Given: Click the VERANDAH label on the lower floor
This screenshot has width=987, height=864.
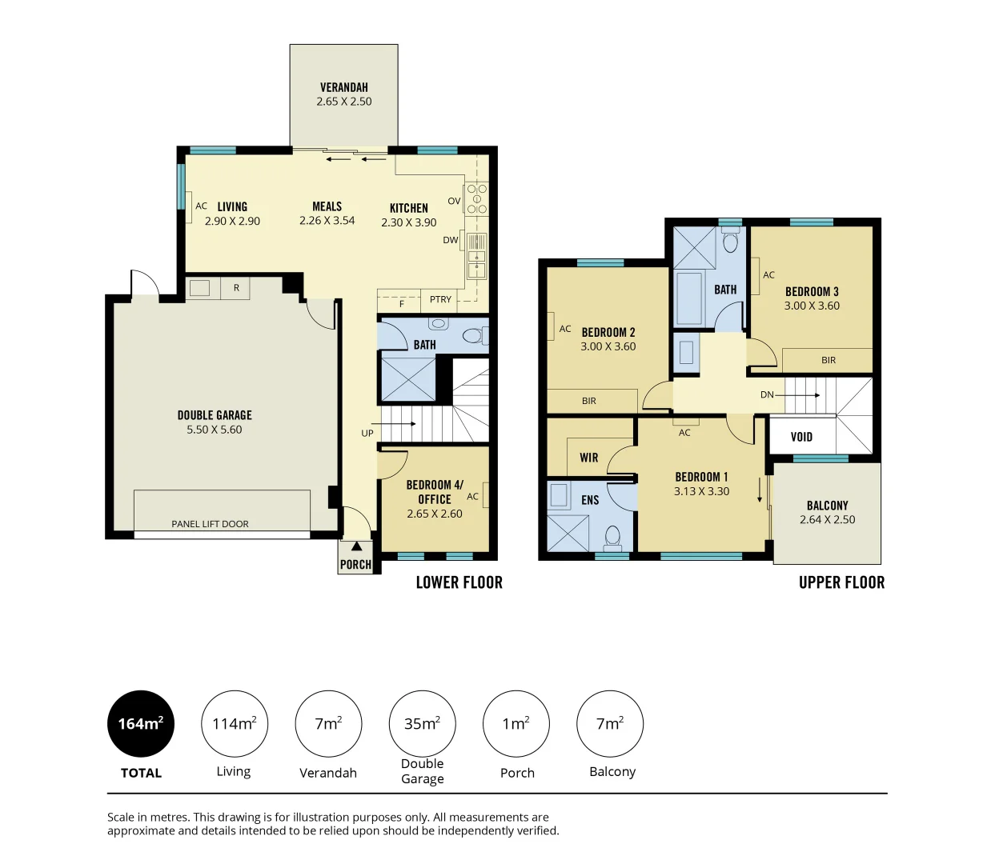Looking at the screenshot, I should (343, 87).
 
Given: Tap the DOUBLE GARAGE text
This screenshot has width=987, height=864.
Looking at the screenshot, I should (215, 415).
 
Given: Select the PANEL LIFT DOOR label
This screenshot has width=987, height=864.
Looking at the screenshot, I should (210, 524).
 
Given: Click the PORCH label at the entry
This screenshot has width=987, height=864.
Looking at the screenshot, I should (355, 564).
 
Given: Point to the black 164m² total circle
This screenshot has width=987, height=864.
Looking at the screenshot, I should (141, 723).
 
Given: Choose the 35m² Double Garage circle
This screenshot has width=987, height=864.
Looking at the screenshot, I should (422, 723).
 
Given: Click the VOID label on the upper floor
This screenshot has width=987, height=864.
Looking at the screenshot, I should (801, 437).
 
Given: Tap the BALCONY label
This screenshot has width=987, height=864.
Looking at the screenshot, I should (827, 506).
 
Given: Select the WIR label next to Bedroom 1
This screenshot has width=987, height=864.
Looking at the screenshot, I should (589, 458).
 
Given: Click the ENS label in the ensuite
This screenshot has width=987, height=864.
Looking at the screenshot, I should (590, 500).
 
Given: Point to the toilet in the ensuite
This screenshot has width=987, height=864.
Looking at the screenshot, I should (612, 536).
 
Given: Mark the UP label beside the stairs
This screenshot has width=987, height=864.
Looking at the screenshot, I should (367, 434).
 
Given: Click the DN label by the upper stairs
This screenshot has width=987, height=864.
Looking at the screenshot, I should (767, 394).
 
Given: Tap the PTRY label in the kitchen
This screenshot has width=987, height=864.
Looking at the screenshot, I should (440, 299).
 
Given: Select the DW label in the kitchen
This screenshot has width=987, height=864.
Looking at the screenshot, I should (451, 240).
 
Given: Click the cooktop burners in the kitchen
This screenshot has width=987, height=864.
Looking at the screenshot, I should (476, 198).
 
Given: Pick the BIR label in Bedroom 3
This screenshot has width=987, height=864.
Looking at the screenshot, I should (829, 360).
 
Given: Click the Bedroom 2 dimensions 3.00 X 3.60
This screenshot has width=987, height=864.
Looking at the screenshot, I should (608, 346).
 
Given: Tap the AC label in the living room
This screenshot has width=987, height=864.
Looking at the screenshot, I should (202, 206).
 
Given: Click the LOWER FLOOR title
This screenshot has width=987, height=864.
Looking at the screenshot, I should (459, 582).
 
